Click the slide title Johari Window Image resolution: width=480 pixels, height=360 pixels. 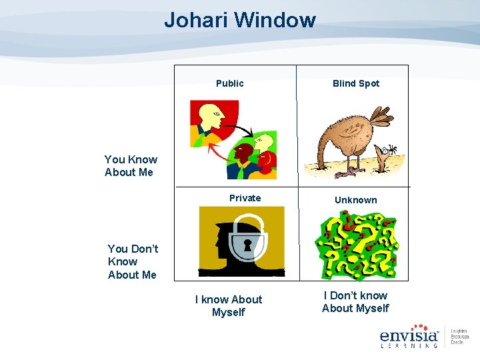tap(240, 20)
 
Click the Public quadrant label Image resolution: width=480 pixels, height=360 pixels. tap(229, 83)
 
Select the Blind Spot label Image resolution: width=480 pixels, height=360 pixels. tap(355, 83)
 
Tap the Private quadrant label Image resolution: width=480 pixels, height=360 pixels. tap(245, 198)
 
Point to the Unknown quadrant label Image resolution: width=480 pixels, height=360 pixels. tap(355, 200)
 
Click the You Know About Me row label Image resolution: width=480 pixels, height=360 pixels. tap(131, 166)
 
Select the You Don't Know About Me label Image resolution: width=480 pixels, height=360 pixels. tap(133, 261)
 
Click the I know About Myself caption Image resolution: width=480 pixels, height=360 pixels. tap(228, 306)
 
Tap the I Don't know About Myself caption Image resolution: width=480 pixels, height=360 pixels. tap(355, 302)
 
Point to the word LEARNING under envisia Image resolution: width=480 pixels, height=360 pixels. tap(408, 345)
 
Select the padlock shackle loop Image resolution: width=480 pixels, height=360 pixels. tap(247, 223)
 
